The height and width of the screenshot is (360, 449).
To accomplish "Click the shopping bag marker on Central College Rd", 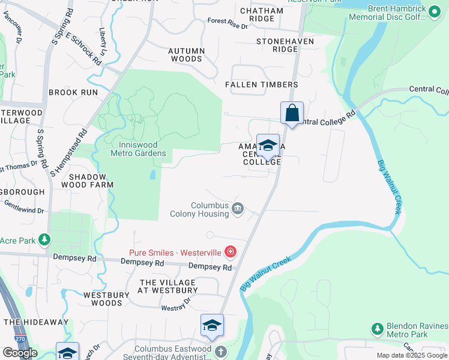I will (292, 113).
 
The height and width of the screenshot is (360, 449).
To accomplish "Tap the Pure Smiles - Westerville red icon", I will (230, 251).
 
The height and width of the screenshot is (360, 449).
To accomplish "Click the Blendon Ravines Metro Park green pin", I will (377, 329).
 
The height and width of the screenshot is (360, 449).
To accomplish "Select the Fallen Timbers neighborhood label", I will (261, 85).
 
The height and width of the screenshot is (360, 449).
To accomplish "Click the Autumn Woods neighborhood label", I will (186, 55).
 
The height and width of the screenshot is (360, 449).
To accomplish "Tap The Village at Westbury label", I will (167, 286).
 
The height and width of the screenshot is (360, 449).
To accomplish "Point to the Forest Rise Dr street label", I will (228, 24).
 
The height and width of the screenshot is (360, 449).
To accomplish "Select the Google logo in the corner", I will (20, 353).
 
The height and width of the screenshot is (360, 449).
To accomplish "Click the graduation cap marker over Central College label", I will (268, 145).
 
